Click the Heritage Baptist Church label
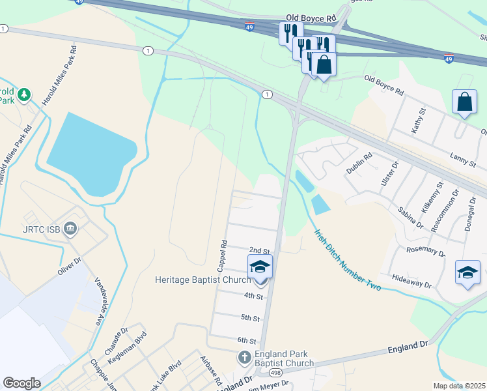tap(202, 280)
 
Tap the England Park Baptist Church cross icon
tap(244, 358)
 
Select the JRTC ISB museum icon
tap(71, 229)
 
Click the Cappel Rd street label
tap(223, 256)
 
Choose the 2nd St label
tap(259, 251)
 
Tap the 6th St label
tap(247, 340)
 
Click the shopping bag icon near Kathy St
tap(464, 102)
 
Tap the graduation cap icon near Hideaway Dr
tap(467, 272)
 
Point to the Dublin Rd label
tap(359, 162)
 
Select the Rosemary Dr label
tap(425, 250)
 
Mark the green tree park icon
tap(25, 95)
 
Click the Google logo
tap(21, 383)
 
